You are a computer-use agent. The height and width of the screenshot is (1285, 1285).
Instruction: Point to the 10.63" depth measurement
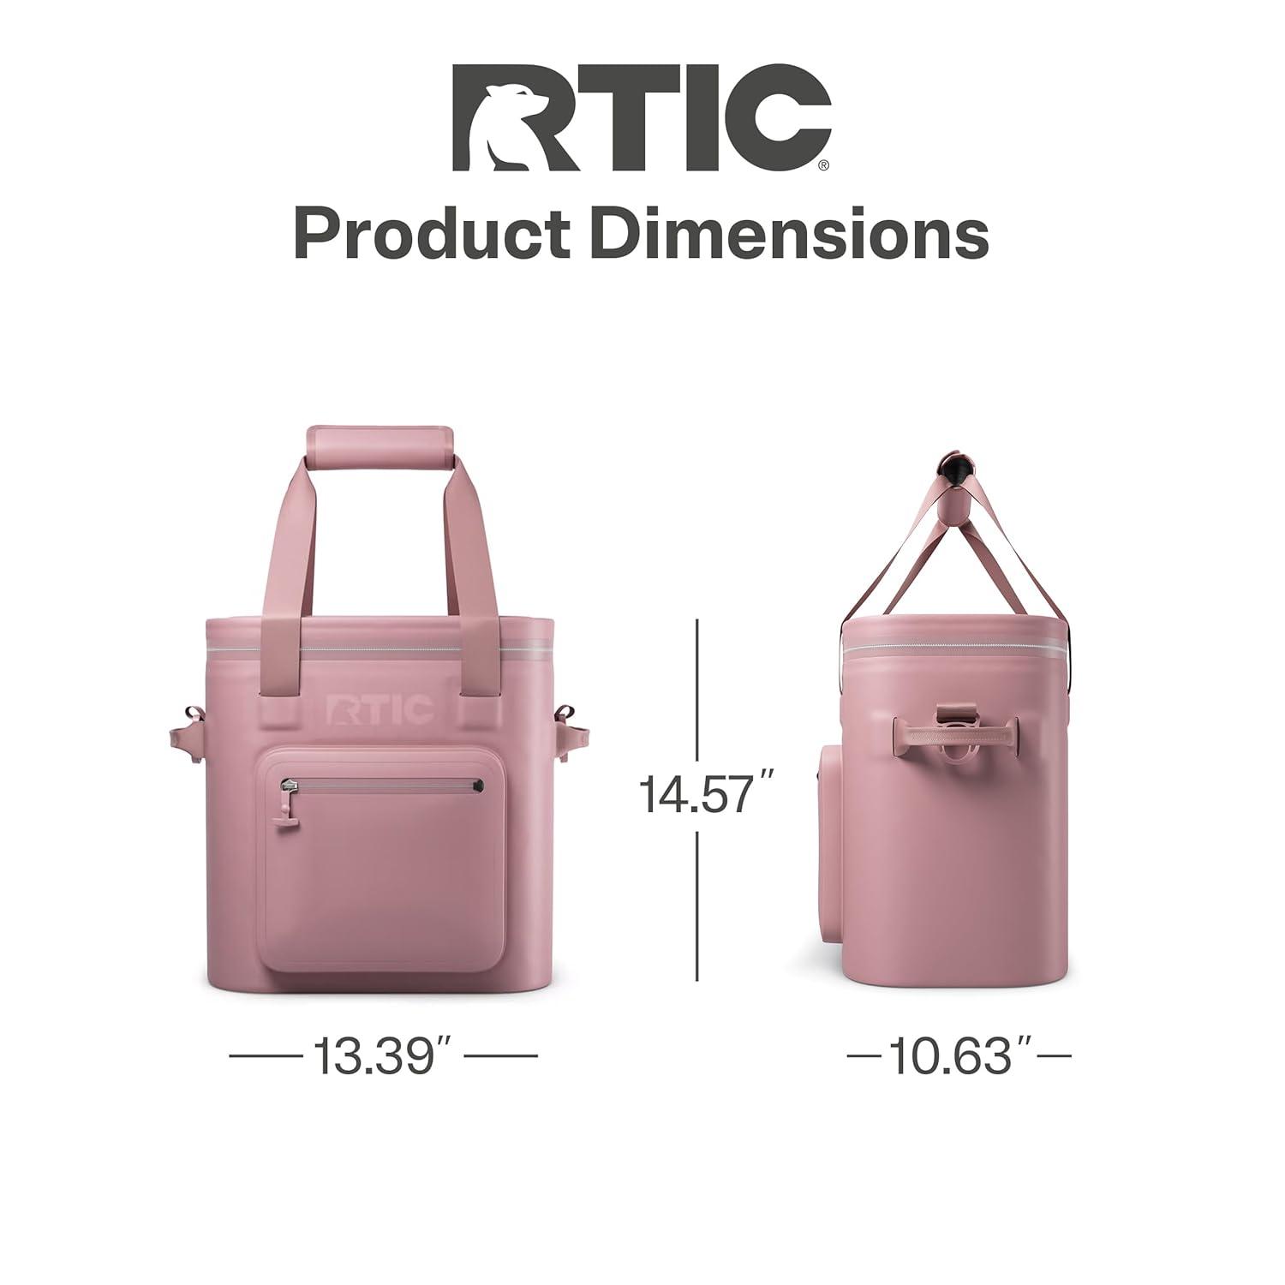tap(958, 1055)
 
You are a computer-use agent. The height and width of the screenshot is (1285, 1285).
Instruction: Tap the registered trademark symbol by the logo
tap(823, 166)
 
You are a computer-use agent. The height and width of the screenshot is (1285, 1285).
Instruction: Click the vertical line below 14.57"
tap(698, 908)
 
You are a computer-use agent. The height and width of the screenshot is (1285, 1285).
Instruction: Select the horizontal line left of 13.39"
tap(266, 1055)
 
